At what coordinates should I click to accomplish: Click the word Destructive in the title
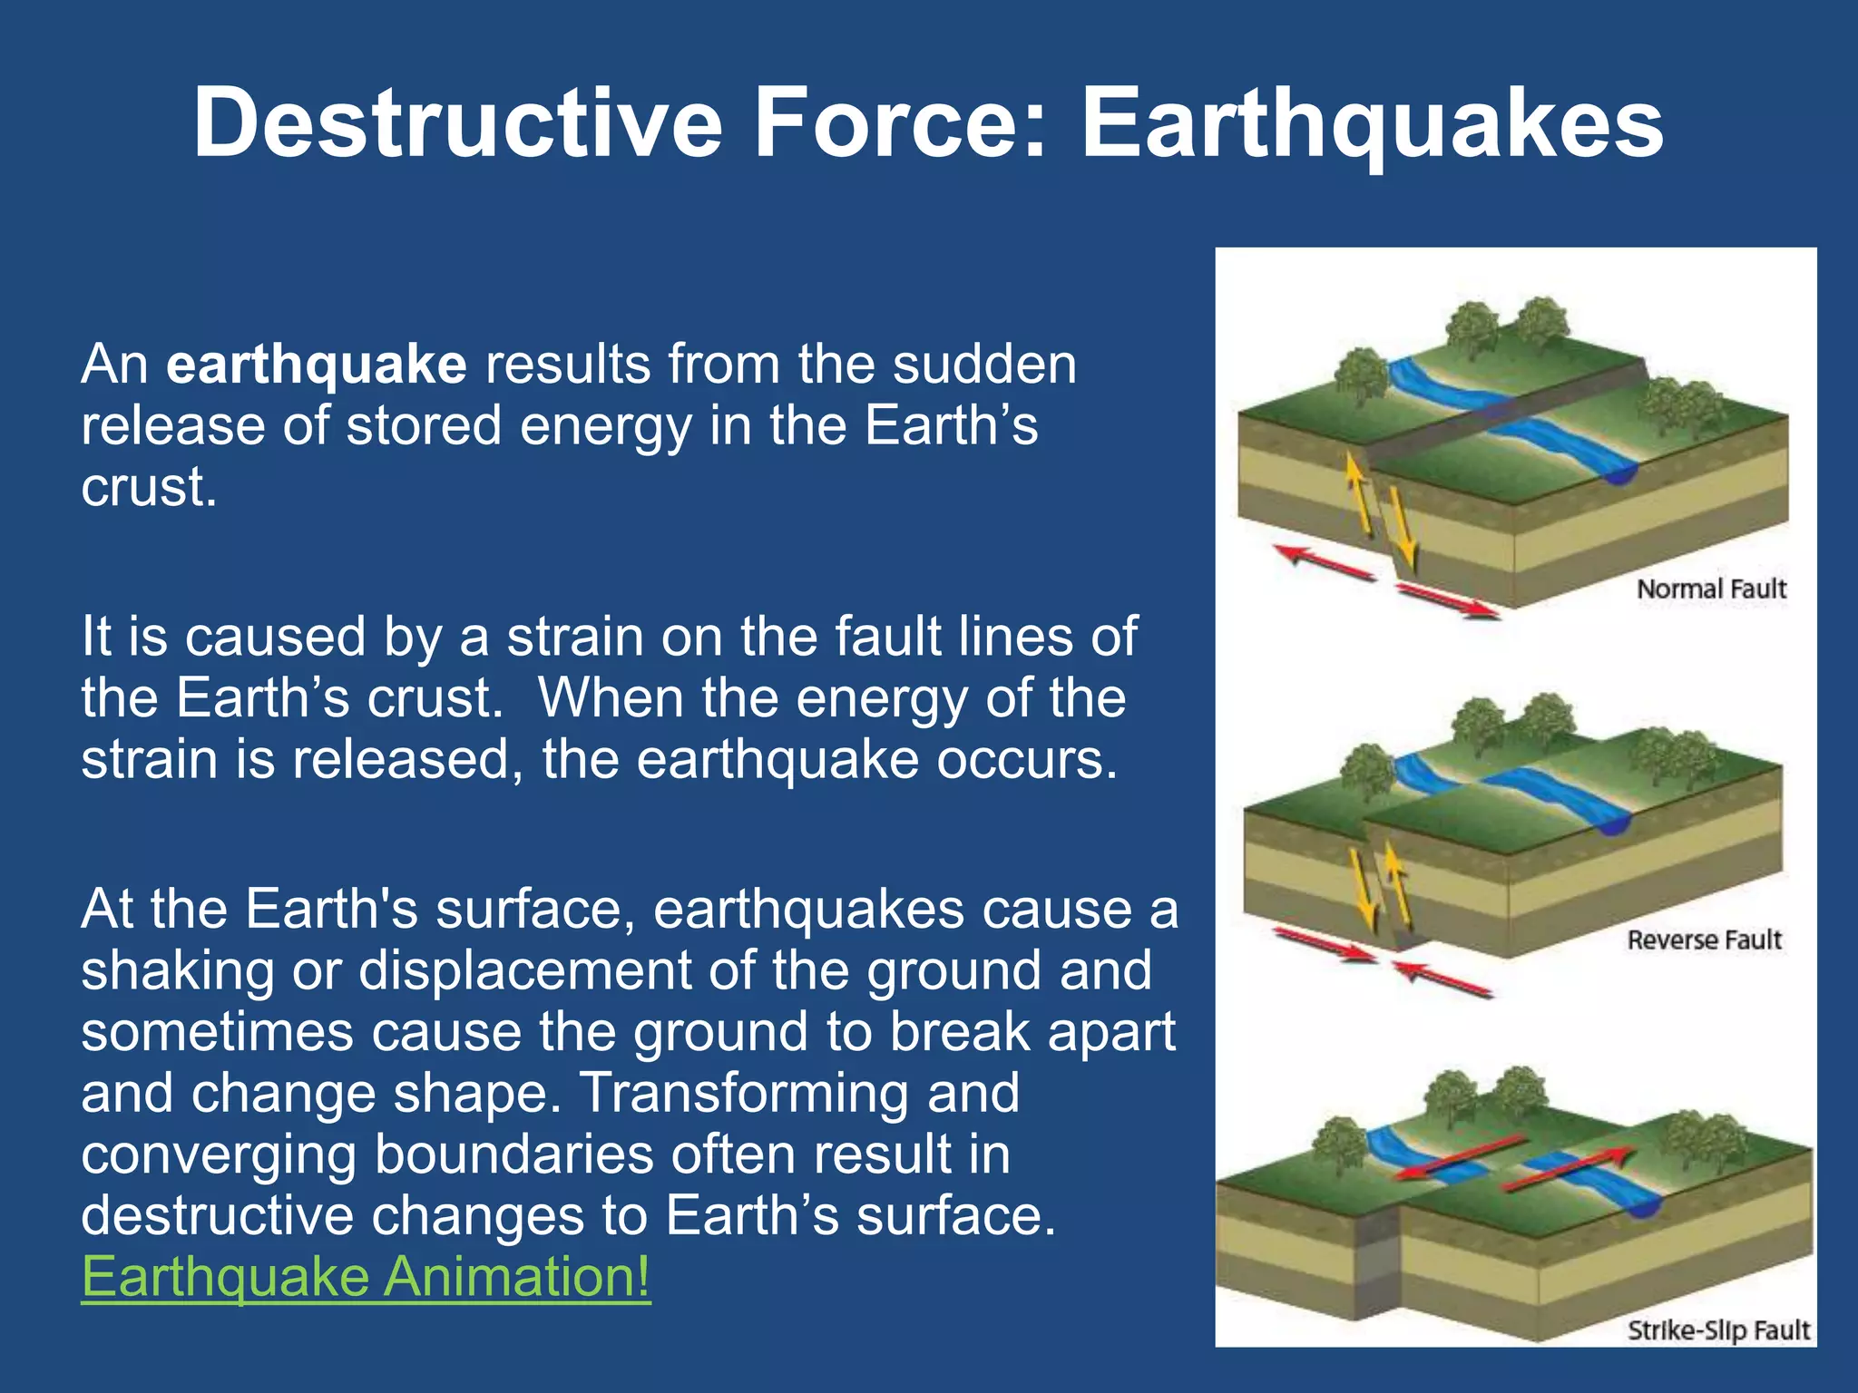click(458, 122)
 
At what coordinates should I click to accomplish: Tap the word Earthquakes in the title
click(1372, 122)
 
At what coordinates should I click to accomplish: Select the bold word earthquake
click(317, 365)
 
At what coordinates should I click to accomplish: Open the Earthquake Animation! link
click(366, 1277)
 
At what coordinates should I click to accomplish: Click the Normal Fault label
click(1710, 589)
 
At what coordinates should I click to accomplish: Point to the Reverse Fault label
click(1704, 940)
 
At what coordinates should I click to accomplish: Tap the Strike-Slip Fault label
click(1718, 1330)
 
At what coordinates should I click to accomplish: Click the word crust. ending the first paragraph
click(149, 488)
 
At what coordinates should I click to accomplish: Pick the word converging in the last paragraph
click(219, 1154)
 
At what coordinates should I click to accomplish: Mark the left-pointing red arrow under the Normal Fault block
click(1325, 562)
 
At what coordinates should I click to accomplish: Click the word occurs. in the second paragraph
click(1027, 759)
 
